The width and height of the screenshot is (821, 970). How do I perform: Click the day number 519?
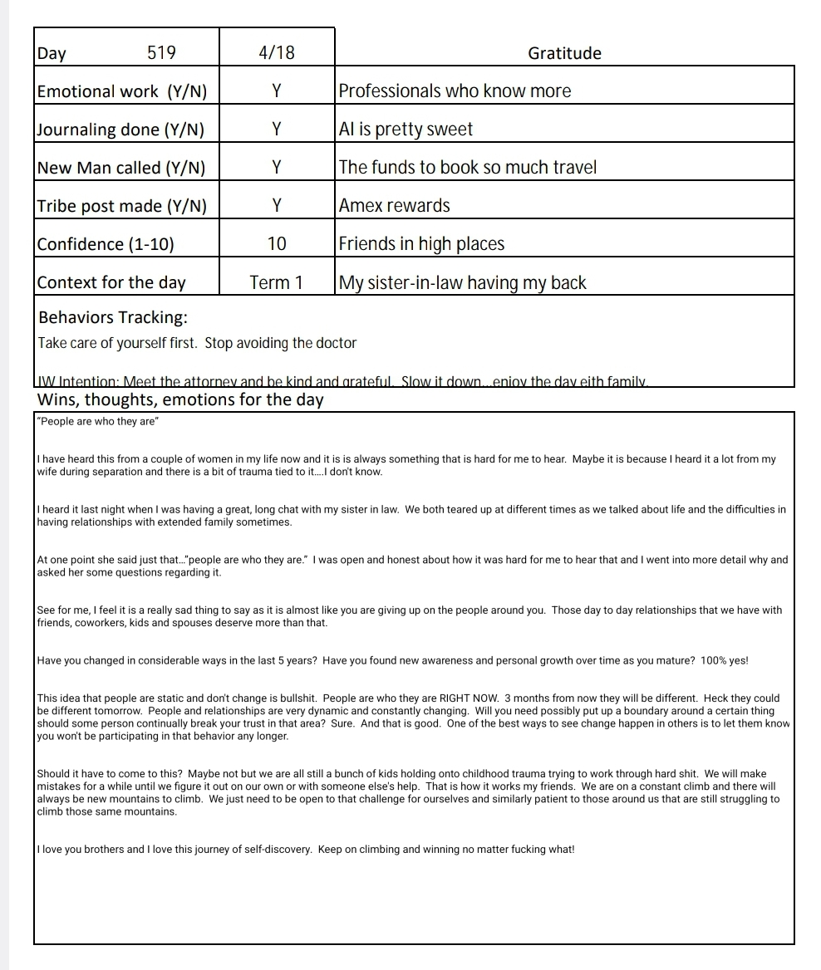(x=161, y=53)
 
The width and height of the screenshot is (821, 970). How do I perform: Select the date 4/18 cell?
(x=277, y=53)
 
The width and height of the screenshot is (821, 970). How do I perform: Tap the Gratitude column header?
(x=564, y=54)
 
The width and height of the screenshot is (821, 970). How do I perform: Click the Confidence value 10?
(x=277, y=244)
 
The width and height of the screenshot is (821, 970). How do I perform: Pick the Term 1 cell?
(x=277, y=283)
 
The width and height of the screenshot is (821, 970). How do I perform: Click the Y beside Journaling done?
(x=277, y=130)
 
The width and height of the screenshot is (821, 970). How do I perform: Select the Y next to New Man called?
(x=277, y=168)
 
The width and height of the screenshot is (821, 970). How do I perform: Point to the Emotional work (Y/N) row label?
(x=122, y=91)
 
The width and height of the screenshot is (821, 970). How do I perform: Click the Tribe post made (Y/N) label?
(x=122, y=206)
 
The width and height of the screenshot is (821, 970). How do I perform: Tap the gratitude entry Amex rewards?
(x=395, y=206)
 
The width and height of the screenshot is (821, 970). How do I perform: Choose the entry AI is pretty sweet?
(x=406, y=130)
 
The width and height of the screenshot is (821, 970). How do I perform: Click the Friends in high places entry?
(x=421, y=244)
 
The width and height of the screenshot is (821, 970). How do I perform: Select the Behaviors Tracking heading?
(x=113, y=317)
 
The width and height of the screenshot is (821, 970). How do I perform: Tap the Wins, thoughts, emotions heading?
(x=180, y=399)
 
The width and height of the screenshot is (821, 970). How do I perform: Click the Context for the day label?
(x=111, y=283)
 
